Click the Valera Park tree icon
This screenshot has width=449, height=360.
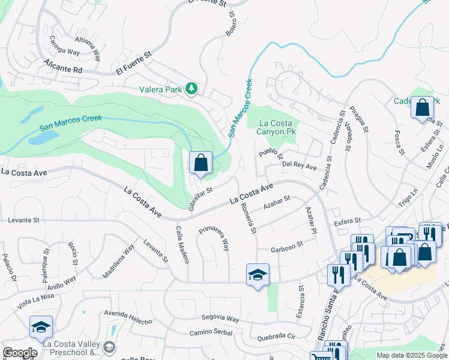(x=191, y=89)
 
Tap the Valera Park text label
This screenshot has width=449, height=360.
(x=160, y=90)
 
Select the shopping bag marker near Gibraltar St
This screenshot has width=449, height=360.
(x=200, y=163)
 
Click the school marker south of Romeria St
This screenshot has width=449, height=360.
(x=258, y=275)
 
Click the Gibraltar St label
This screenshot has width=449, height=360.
(x=200, y=199)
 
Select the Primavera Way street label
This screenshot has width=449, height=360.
(x=215, y=238)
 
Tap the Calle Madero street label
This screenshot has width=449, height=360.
(x=182, y=244)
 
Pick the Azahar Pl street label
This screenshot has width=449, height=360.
(x=310, y=220)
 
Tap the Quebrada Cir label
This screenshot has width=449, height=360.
(x=276, y=337)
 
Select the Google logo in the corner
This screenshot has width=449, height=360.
(x=20, y=353)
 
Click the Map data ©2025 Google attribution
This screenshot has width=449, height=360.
(x=412, y=355)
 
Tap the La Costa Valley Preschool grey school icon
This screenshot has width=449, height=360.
(x=109, y=347)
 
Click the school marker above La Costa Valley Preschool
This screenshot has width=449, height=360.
(x=41, y=327)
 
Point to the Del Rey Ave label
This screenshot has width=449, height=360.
(x=299, y=164)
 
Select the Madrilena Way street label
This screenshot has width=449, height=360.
(x=118, y=262)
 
